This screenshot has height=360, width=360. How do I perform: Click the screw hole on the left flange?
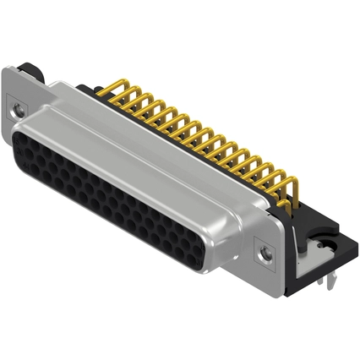coord(17,108)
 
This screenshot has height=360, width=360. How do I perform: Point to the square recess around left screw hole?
coord(17,108)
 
